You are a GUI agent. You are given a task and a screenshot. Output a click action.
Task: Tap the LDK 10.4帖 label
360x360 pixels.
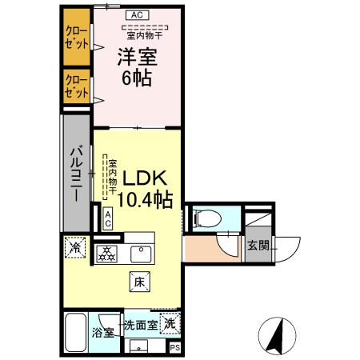tap(143, 189)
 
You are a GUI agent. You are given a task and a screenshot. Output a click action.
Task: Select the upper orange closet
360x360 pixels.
tap(77, 37)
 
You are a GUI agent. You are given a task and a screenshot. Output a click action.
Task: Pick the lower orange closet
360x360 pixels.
tap(77, 86)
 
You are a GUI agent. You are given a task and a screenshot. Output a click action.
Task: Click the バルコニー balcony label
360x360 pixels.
tap(77, 174)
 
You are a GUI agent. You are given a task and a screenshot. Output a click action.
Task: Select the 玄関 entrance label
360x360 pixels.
tap(256, 245)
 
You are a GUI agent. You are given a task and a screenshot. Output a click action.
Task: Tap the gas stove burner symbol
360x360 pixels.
tap(106, 254)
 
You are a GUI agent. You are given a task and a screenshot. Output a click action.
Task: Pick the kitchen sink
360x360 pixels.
tap(142, 254)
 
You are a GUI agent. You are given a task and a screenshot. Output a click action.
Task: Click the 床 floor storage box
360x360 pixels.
tap(138, 281)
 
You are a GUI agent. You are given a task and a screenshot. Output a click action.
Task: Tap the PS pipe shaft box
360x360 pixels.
tap(175, 348)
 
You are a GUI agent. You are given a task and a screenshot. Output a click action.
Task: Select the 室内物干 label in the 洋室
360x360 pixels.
tap(142, 34)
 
